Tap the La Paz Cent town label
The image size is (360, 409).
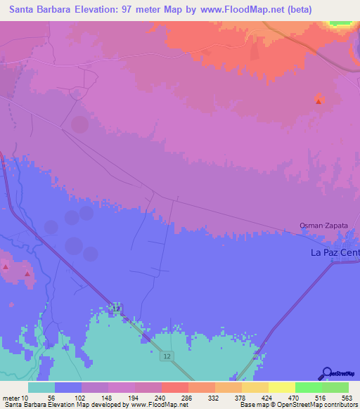(335, 252)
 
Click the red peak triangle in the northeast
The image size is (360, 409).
(319, 101)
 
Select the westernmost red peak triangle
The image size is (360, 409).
(6, 267)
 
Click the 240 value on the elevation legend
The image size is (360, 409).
(161, 397)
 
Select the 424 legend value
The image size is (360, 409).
(269, 397)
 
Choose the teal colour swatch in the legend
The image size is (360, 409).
(41, 387)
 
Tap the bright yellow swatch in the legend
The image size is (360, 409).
(282, 387)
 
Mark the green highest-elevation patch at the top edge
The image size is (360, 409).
(340, 23)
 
